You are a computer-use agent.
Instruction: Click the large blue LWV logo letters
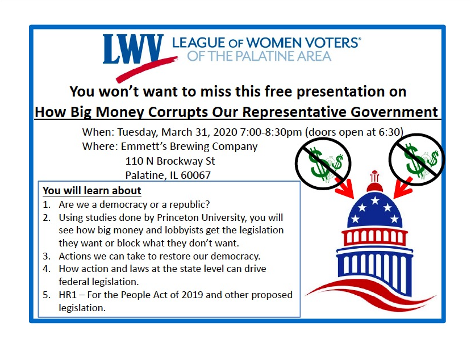pos(133,49)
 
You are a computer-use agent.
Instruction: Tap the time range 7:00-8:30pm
pos(270,132)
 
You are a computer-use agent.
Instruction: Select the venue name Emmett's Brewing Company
pos(189,146)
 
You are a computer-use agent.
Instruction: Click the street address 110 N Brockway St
pos(170,161)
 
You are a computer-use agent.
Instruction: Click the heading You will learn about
pos(92,191)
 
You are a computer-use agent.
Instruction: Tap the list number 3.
pos(46,256)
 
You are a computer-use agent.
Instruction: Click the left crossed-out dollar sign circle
pos(323,164)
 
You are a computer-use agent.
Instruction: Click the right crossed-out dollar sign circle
pos(416,160)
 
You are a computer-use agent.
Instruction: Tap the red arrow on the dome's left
pos(345,188)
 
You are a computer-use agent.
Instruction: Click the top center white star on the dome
pos(375,200)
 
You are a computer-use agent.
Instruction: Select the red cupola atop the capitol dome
pos(374,182)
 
